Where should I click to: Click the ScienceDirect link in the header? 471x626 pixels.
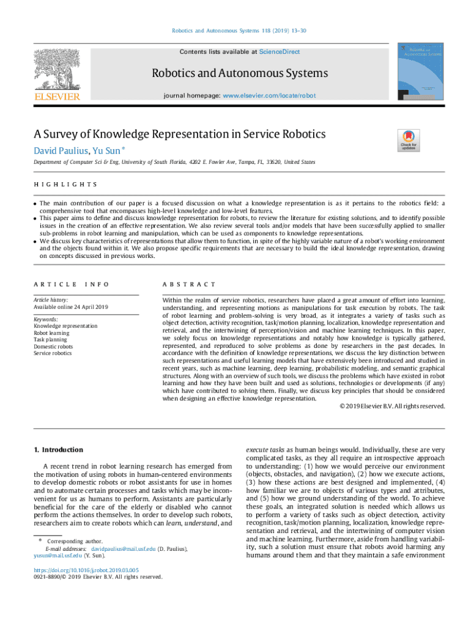coord(279,52)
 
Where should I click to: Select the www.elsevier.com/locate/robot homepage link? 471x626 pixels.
coord(269,96)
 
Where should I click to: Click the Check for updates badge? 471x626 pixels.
coord(409,141)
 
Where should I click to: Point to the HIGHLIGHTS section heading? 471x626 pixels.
coord(65,184)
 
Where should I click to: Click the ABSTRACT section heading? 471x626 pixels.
coord(188,284)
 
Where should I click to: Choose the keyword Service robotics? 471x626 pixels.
coord(53,353)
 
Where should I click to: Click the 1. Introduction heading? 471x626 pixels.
coord(58,449)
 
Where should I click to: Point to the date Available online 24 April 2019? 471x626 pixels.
coord(71,307)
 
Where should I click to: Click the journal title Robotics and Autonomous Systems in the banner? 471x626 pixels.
coord(240,74)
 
